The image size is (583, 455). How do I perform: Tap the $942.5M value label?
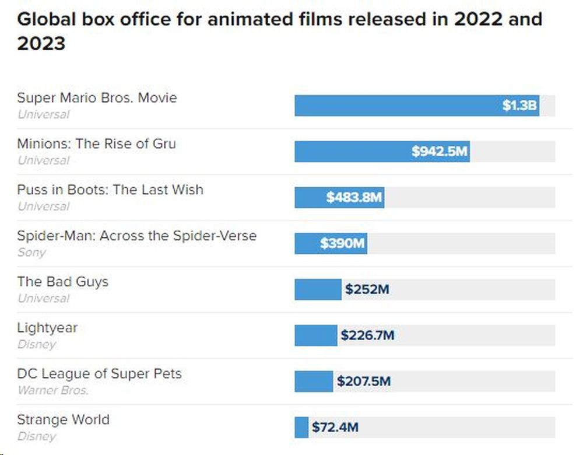pos(440,152)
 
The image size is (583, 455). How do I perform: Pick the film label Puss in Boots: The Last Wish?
pos(110,190)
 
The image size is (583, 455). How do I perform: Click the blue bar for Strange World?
pos(301,428)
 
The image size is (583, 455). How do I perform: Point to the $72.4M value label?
pos(335,428)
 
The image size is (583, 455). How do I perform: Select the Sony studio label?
pos(31,253)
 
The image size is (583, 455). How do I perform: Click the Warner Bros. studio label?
pos(53,390)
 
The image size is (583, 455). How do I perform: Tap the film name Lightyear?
pos(47,328)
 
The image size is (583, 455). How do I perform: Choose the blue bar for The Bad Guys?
pos(318,289)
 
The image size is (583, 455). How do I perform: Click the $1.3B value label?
pos(519,106)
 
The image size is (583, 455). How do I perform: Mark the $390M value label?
pos(342,243)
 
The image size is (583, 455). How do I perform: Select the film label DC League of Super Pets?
pos(99,373)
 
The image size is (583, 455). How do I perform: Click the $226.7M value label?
pos(367,335)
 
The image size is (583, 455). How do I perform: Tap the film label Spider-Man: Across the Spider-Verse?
pos(136,236)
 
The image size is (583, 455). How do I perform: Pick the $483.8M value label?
pos(354,198)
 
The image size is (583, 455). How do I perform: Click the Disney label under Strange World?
pos(37,436)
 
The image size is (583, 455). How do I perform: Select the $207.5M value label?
pos(363,381)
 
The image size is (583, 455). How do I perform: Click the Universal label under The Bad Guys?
pos(43,298)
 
